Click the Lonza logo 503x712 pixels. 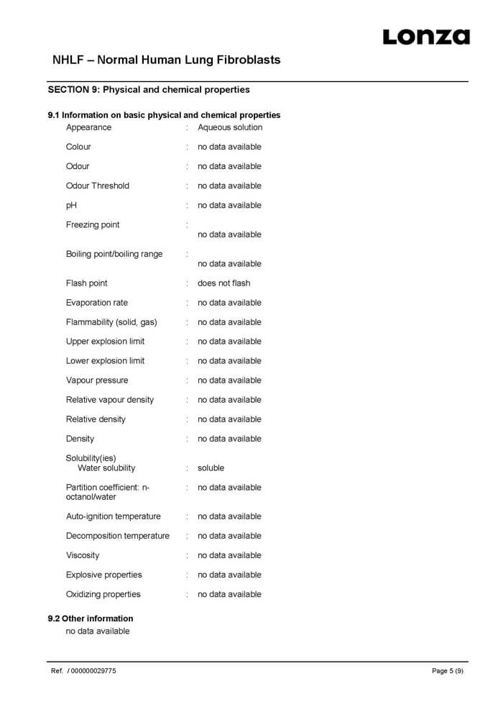(425, 37)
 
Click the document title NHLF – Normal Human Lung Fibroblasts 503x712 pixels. (167, 60)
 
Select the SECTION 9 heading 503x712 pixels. (149, 90)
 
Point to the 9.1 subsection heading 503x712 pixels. (164, 115)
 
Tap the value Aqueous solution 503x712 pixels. (230, 127)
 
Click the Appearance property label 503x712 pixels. (88, 127)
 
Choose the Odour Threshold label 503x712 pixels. (98, 186)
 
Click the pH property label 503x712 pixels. (71, 205)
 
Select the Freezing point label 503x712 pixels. (93, 224)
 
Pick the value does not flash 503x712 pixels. (224, 283)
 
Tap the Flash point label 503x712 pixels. (86, 283)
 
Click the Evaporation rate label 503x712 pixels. (97, 303)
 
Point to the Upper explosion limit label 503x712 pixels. (105, 342)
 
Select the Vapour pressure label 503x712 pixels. (97, 380)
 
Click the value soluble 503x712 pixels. (211, 468)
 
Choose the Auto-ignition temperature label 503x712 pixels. (114, 516)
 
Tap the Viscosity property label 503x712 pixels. (83, 555)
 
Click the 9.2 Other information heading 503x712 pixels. (91, 619)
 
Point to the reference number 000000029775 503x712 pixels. (93, 671)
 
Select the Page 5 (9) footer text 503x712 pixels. (447, 671)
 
